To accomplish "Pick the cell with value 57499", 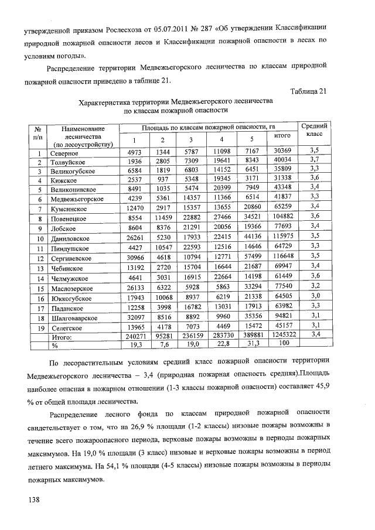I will click(253, 257).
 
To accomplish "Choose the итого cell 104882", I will click(283, 217).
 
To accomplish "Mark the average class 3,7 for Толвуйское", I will click(314, 160).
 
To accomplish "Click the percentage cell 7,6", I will click(163, 346).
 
